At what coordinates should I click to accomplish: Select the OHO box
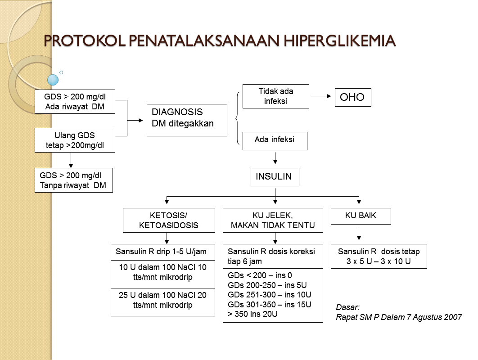click(x=352, y=97)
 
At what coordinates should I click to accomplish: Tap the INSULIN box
click(x=275, y=176)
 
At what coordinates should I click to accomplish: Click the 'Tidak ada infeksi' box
click(x=275, y=96)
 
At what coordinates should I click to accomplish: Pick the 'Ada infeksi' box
click(x=275, y=140)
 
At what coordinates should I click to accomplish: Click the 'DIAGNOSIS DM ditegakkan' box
click(x=186, y=120)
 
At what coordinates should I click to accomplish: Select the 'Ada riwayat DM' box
click(x=75, y=102)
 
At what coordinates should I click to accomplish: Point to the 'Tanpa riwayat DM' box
click(x=73, y=180)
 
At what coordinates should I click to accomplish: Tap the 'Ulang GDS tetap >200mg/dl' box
click(x=75, y=140)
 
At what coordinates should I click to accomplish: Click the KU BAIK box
click(x=361, y=216)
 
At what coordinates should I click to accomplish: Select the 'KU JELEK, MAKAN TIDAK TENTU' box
click(x=273, y=220)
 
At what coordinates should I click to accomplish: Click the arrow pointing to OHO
click(x=321, y=96)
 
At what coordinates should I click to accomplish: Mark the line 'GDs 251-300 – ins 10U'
click(x=269, y=295)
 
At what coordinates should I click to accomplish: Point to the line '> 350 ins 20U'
click(x=253, y=314)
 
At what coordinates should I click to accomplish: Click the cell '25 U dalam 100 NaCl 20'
click(x=163, y=300)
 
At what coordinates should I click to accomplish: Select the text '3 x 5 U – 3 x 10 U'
click(x=379, y=261)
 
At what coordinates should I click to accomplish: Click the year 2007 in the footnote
click(x=452, y=317)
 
